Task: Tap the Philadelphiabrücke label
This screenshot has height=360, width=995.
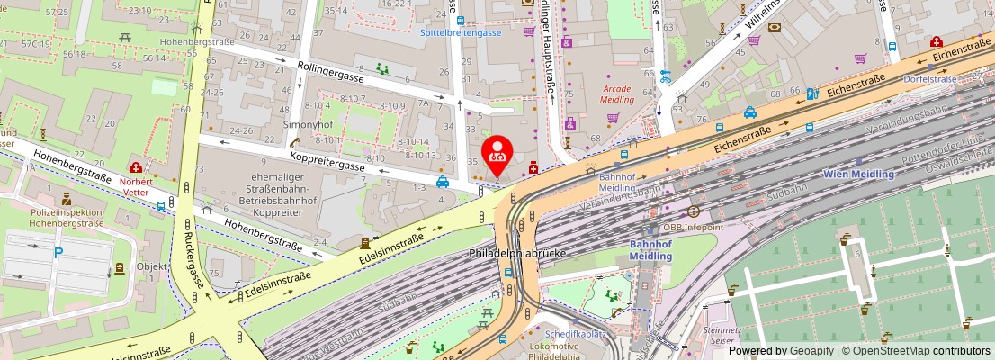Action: [516, 254]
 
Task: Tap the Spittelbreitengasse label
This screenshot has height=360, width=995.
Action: [461, 32]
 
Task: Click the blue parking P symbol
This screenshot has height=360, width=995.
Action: [58, 253]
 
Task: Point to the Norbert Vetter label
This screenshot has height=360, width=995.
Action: [136, 185]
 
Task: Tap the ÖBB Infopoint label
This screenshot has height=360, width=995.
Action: [694, 228]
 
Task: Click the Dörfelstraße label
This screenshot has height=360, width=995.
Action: [930, 79]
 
